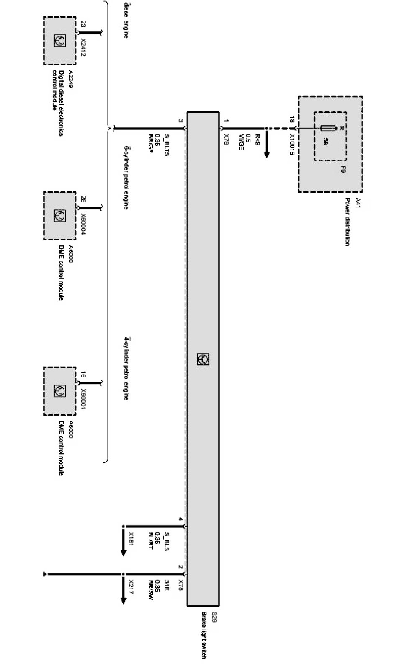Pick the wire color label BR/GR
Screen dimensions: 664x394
tap(150, 144)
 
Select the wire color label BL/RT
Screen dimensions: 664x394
tap(150, 540)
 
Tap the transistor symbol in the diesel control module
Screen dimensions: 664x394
tap(59, 41)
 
